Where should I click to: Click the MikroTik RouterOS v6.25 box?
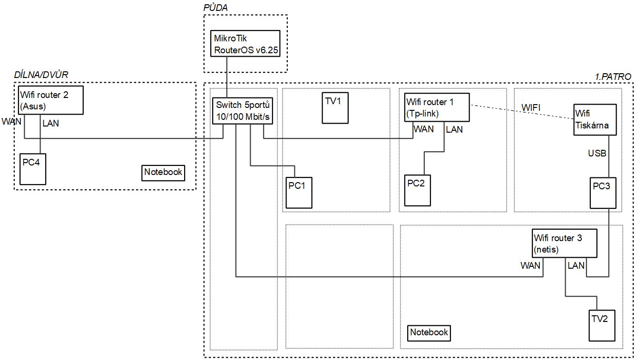pos(245,44)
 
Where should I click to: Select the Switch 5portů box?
pos(243,110)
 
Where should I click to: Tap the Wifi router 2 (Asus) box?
pos(50,99)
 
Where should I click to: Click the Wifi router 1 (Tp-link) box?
pos(436,107)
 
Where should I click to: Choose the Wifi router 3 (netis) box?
pos(564,243)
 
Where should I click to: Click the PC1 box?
pos(298,192)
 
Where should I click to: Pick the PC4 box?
pos(33,169)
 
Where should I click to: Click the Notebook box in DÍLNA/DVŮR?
pos(163,172)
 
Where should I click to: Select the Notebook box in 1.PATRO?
pos(429,332)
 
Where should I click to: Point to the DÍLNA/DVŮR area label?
pos(41,76)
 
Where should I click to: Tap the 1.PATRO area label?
pos(613,76)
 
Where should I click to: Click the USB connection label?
pos(597,153)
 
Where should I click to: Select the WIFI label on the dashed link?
pos(531,107)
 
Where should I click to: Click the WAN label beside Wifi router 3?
pos(530,265)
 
